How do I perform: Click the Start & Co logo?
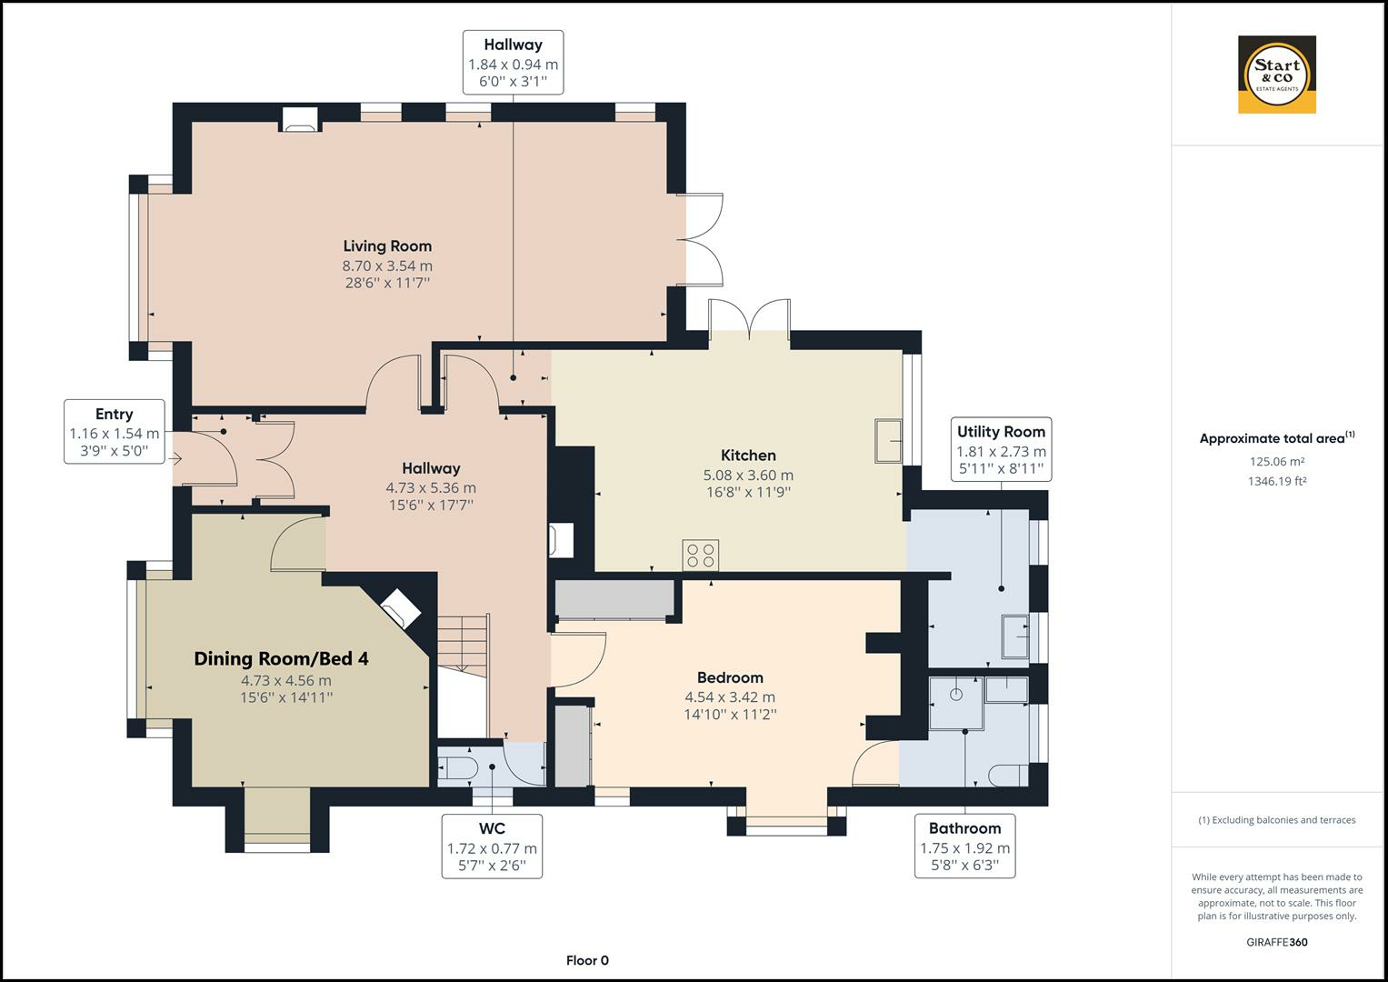1276,75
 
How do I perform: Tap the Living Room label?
387,246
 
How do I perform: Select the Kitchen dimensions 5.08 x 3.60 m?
748,476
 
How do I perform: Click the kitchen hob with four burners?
701,555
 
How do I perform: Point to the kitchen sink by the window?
889,441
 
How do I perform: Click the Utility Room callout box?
1001,449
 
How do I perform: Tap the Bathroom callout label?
964,829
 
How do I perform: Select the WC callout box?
492,847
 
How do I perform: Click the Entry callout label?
114,414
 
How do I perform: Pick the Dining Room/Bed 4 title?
281,658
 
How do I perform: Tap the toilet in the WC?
457,767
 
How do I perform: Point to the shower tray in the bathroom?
956,703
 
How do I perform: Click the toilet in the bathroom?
1008,776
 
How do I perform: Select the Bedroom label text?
730,677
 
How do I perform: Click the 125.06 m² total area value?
1277,461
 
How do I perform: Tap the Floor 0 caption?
587,960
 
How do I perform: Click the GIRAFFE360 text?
1277,942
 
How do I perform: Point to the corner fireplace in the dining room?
401,609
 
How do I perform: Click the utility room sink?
1015,636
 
